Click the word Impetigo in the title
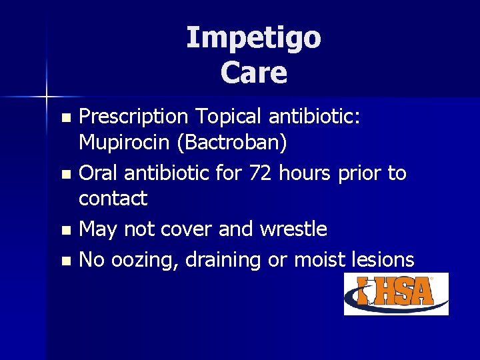pos(253,38)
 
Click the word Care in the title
pos(253,73)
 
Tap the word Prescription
pos(133,117)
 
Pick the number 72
pos(261,173)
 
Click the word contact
pos(113,198)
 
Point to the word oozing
pos(144,260)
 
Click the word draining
pos(223,260)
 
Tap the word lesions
pos(381,259)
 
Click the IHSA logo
pos(396,293)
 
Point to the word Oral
pos(99,173)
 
